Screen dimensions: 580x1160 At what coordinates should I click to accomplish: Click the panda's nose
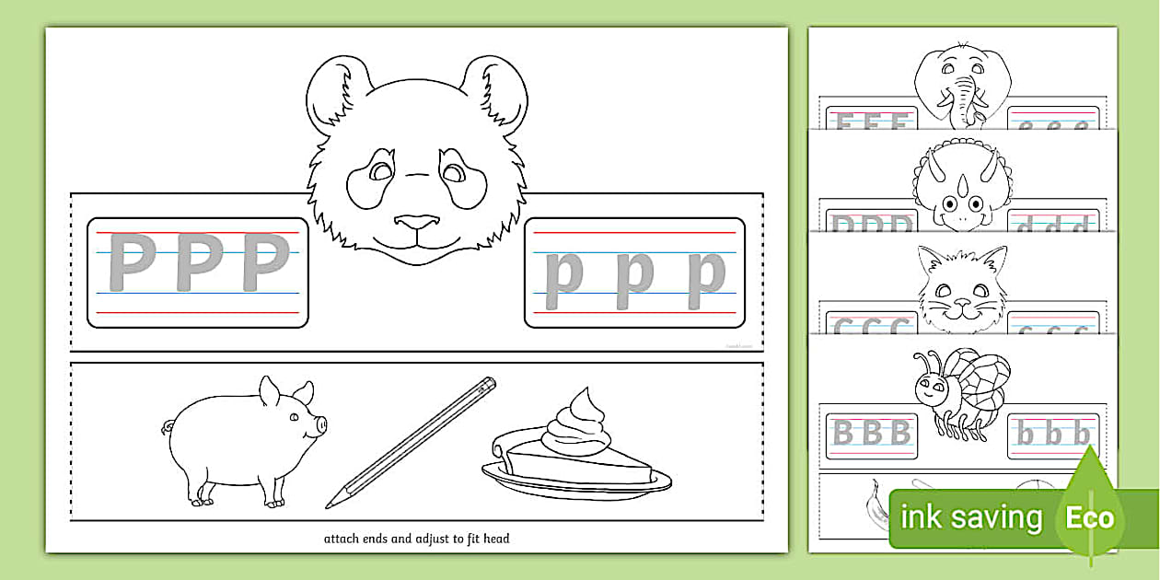click(x=417, y=222)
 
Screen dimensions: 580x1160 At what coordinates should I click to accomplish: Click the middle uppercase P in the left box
click(x=195, y=263)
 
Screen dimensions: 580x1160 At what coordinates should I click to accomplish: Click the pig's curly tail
click(x=168, y=427)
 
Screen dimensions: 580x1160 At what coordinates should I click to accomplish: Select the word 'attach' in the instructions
click(x=343, y=539)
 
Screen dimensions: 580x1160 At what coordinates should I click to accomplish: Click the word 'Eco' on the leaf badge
click(x=1090, y=517)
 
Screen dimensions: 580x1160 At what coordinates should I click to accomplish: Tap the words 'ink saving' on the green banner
click(x=970, y=517)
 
